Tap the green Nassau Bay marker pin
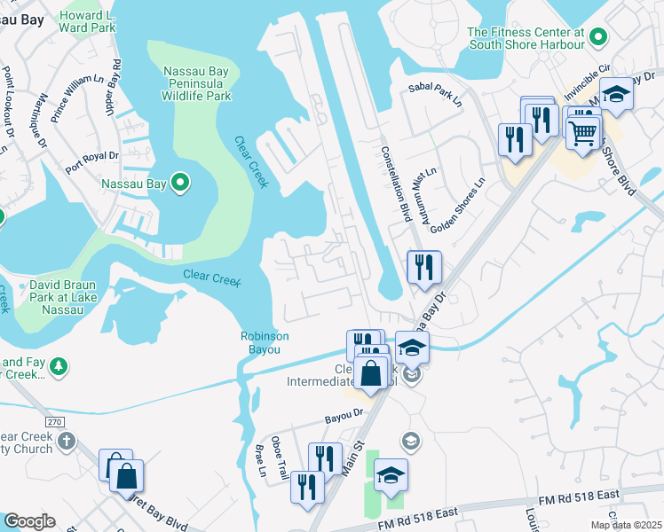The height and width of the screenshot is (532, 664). click(x=181, y=184)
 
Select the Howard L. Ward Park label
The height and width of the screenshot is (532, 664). click(x=88, y=22)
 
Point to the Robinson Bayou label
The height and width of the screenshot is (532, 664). click(x=265, y=342)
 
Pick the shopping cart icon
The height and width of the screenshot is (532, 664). click(x=582, y=132)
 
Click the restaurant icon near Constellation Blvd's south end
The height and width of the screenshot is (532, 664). click(x=424, y=266)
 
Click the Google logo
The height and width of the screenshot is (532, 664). click(x=29, y=521)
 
